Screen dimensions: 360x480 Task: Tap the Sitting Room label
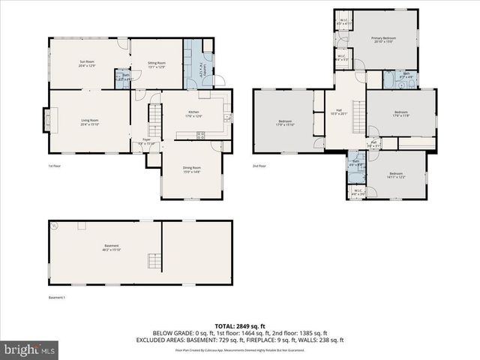(156, 64)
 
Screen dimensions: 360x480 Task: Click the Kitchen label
(193, 114)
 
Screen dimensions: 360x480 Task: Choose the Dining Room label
(192, 169)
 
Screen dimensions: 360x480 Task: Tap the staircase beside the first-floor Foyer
(154, 117)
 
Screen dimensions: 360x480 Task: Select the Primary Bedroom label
(383, 40)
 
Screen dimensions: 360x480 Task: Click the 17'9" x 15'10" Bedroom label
(285, 123)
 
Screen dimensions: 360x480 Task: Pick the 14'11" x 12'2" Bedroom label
(396, 175)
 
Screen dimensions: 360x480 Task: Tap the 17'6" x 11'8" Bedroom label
(400, 114)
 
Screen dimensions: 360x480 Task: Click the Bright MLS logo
(30, 349)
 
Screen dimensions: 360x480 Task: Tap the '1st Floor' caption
(54, 166)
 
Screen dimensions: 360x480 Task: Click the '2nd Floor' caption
(259, 166)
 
